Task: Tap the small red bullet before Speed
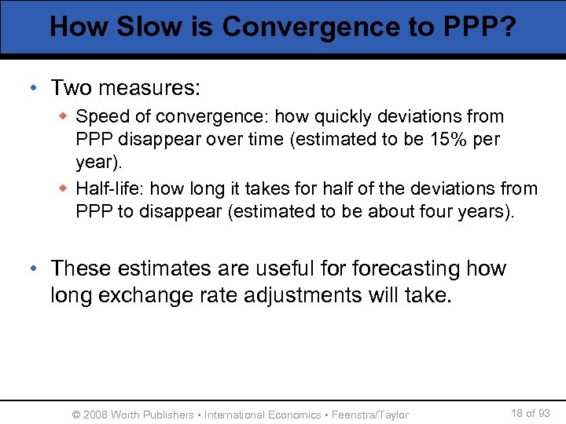pos(64,117)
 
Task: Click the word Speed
pos(101,117)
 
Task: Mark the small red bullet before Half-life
pos(64,189)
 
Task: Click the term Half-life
pos(109,189)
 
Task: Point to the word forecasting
pos(406,269)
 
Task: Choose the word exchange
pos(154,296)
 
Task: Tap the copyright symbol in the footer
pos(76,415)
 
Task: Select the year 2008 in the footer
pos(95,415)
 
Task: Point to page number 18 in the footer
pos(517,413)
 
